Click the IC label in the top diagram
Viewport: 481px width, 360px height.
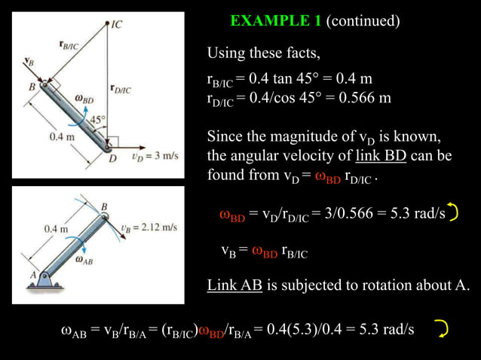116,24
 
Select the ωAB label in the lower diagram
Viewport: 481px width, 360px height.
84,259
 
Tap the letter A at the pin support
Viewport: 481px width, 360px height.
33,274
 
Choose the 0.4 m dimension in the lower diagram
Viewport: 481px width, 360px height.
57,227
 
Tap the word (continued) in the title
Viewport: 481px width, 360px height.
362,21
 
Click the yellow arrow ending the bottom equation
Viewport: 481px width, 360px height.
442,328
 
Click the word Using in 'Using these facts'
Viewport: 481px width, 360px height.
226,53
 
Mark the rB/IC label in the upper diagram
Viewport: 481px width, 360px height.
69,45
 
